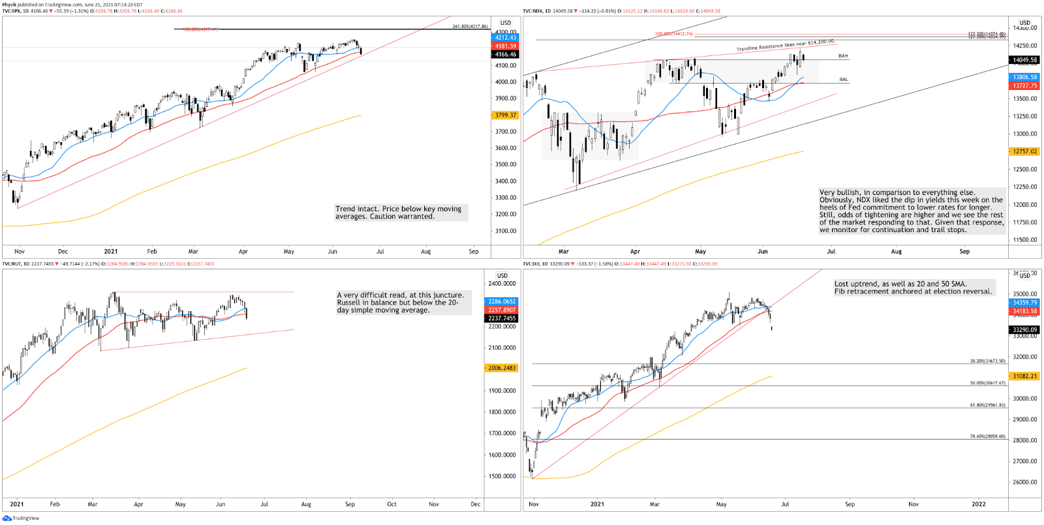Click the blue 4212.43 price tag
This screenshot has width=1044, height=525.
point(504,38)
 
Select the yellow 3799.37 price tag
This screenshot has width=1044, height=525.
point(504,115)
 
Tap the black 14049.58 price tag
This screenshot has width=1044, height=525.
point(1024,60)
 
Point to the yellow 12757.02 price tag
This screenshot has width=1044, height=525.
point(1024,151)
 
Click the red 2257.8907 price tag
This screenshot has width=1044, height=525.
point(502,310)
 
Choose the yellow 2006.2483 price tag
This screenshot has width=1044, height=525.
point(502,368)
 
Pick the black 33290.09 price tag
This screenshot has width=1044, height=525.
point(1024,330)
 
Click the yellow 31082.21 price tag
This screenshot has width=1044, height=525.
point(1024,376)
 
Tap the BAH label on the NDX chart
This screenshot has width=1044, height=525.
point(843,56)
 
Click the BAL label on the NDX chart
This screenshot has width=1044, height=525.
point(843,80)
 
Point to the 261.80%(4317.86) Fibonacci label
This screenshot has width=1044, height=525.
point(470,27)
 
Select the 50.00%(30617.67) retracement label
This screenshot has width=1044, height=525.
point(987,383)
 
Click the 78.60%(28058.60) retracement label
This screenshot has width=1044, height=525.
point(987,436)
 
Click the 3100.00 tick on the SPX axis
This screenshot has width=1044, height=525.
point(506,231)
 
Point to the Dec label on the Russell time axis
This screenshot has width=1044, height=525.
point(476,504)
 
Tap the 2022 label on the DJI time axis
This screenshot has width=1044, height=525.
point(978,504)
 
